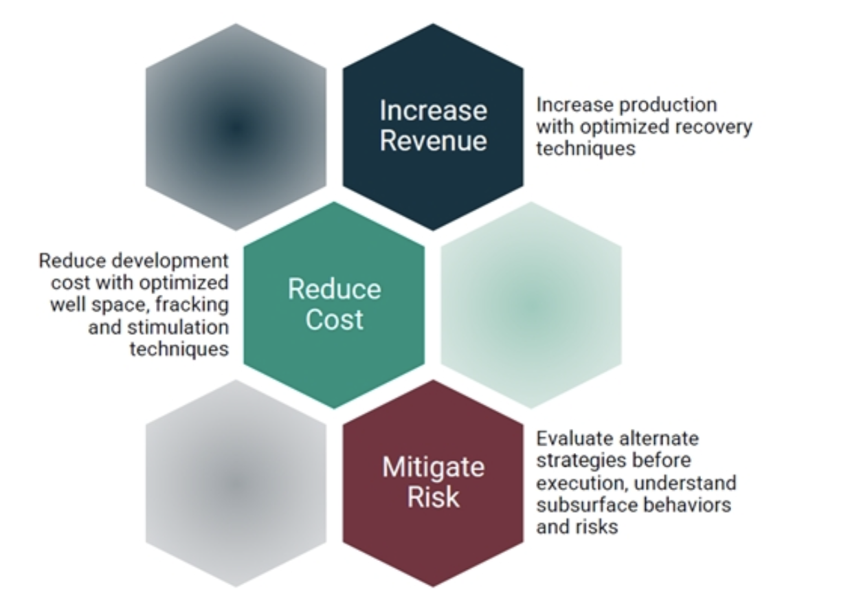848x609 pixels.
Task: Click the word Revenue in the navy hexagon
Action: pos(434,141)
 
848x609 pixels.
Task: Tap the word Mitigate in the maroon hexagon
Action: pos(434,467)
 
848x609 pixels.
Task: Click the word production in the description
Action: pos(668,106)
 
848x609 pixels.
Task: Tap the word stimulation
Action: pos(178,327)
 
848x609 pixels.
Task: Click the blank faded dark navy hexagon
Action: pos(236,127)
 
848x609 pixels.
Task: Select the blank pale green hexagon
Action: pos(531,305)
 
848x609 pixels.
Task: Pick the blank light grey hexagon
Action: pos(236,484)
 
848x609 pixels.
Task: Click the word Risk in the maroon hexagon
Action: pos(434,497)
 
